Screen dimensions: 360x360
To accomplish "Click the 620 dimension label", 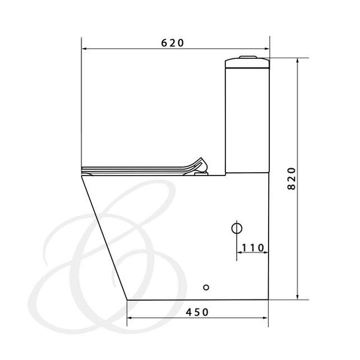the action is (x=172, y=43).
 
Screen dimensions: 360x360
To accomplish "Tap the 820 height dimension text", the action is (x=292, y=179).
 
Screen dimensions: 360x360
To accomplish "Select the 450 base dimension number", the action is (x=197, y=312).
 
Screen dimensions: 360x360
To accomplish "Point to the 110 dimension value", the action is (x=253, y=248).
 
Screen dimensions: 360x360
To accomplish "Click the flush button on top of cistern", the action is (x=248, y=57).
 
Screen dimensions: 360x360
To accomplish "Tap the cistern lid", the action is (x=247, y=63).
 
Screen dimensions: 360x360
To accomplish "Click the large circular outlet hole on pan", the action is (x=237, y=228).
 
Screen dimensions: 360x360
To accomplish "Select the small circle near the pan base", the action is (x=206, y=287).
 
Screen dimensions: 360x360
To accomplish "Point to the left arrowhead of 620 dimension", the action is (x=84, y=49).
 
